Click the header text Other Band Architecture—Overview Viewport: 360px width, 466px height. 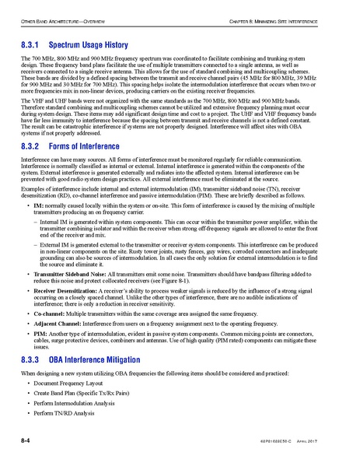(x=69, y=17)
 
